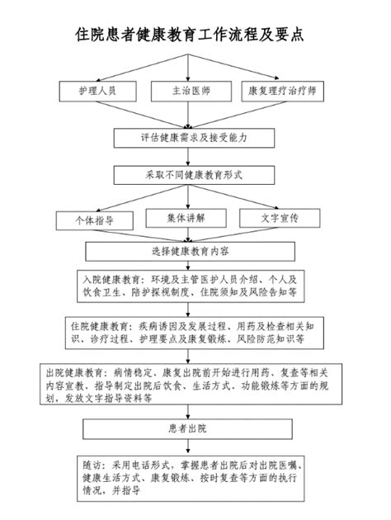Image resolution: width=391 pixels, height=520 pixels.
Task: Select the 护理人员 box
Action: pyautogui.click(x=97, y=90)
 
